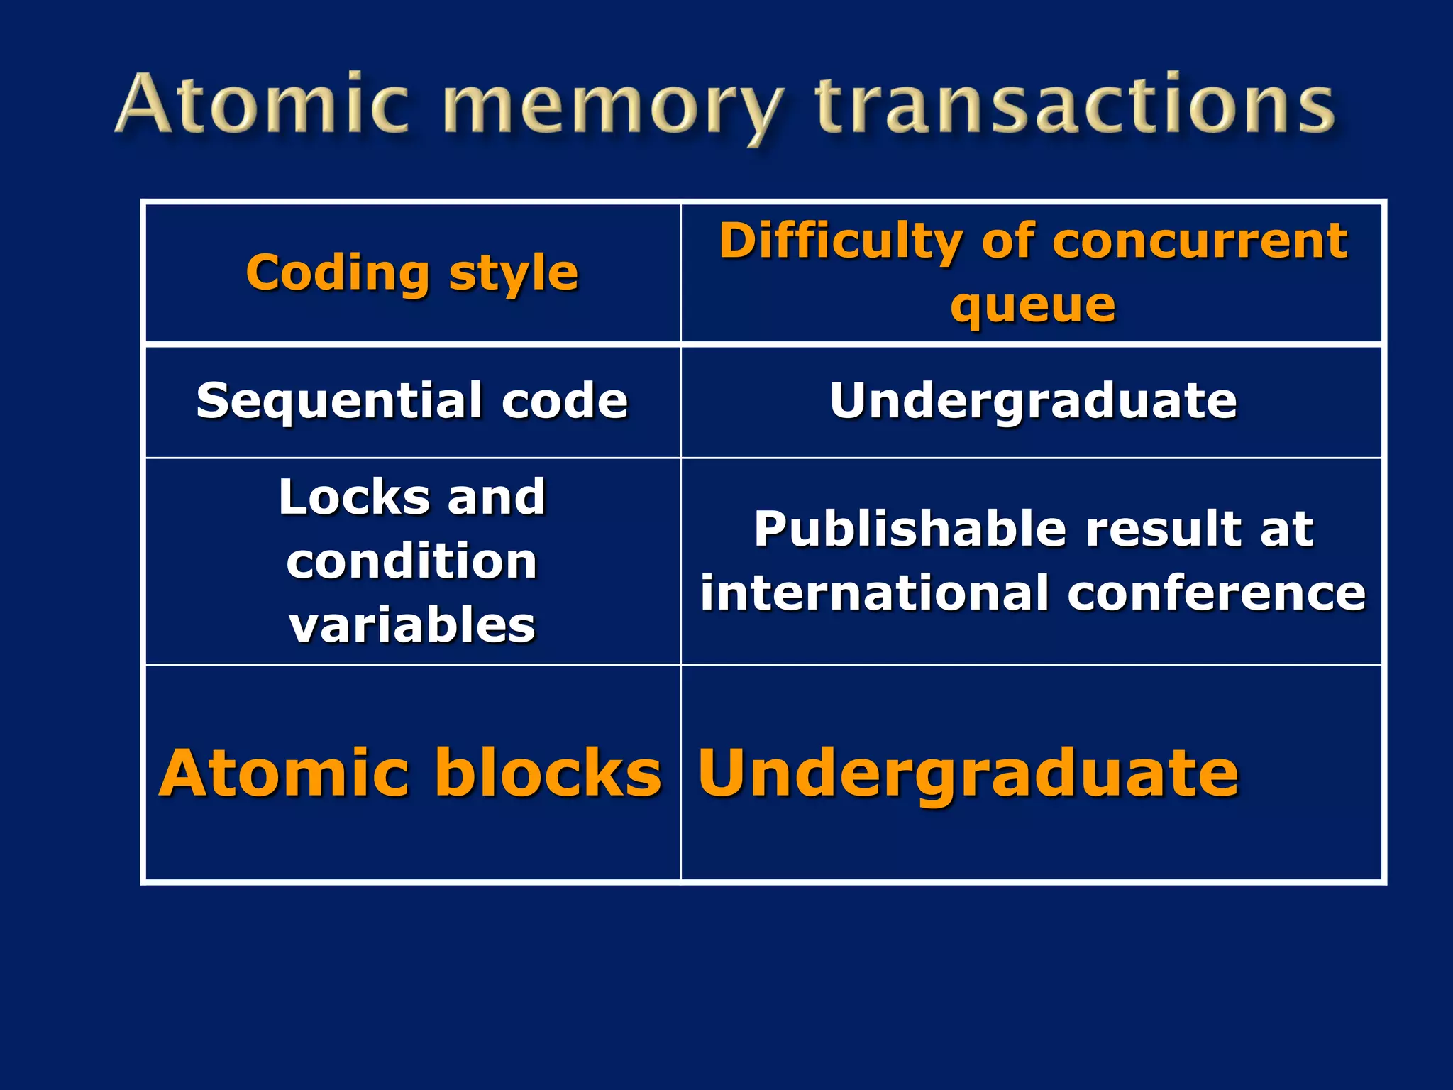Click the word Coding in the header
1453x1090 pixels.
coord(338,273)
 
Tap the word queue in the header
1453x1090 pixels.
coord(1032,307)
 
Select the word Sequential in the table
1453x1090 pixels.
coord(339,401)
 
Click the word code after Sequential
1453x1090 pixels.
coord(565,401)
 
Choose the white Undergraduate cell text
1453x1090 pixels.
coord(1033,401)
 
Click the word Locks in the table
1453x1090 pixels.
coord(353,497)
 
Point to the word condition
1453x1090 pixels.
coord(411,561)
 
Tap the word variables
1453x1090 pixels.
coord(412,625)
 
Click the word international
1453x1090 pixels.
coord(873,593)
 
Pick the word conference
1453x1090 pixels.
coord(1216,593)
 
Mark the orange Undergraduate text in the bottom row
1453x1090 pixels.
coord(968,773)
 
